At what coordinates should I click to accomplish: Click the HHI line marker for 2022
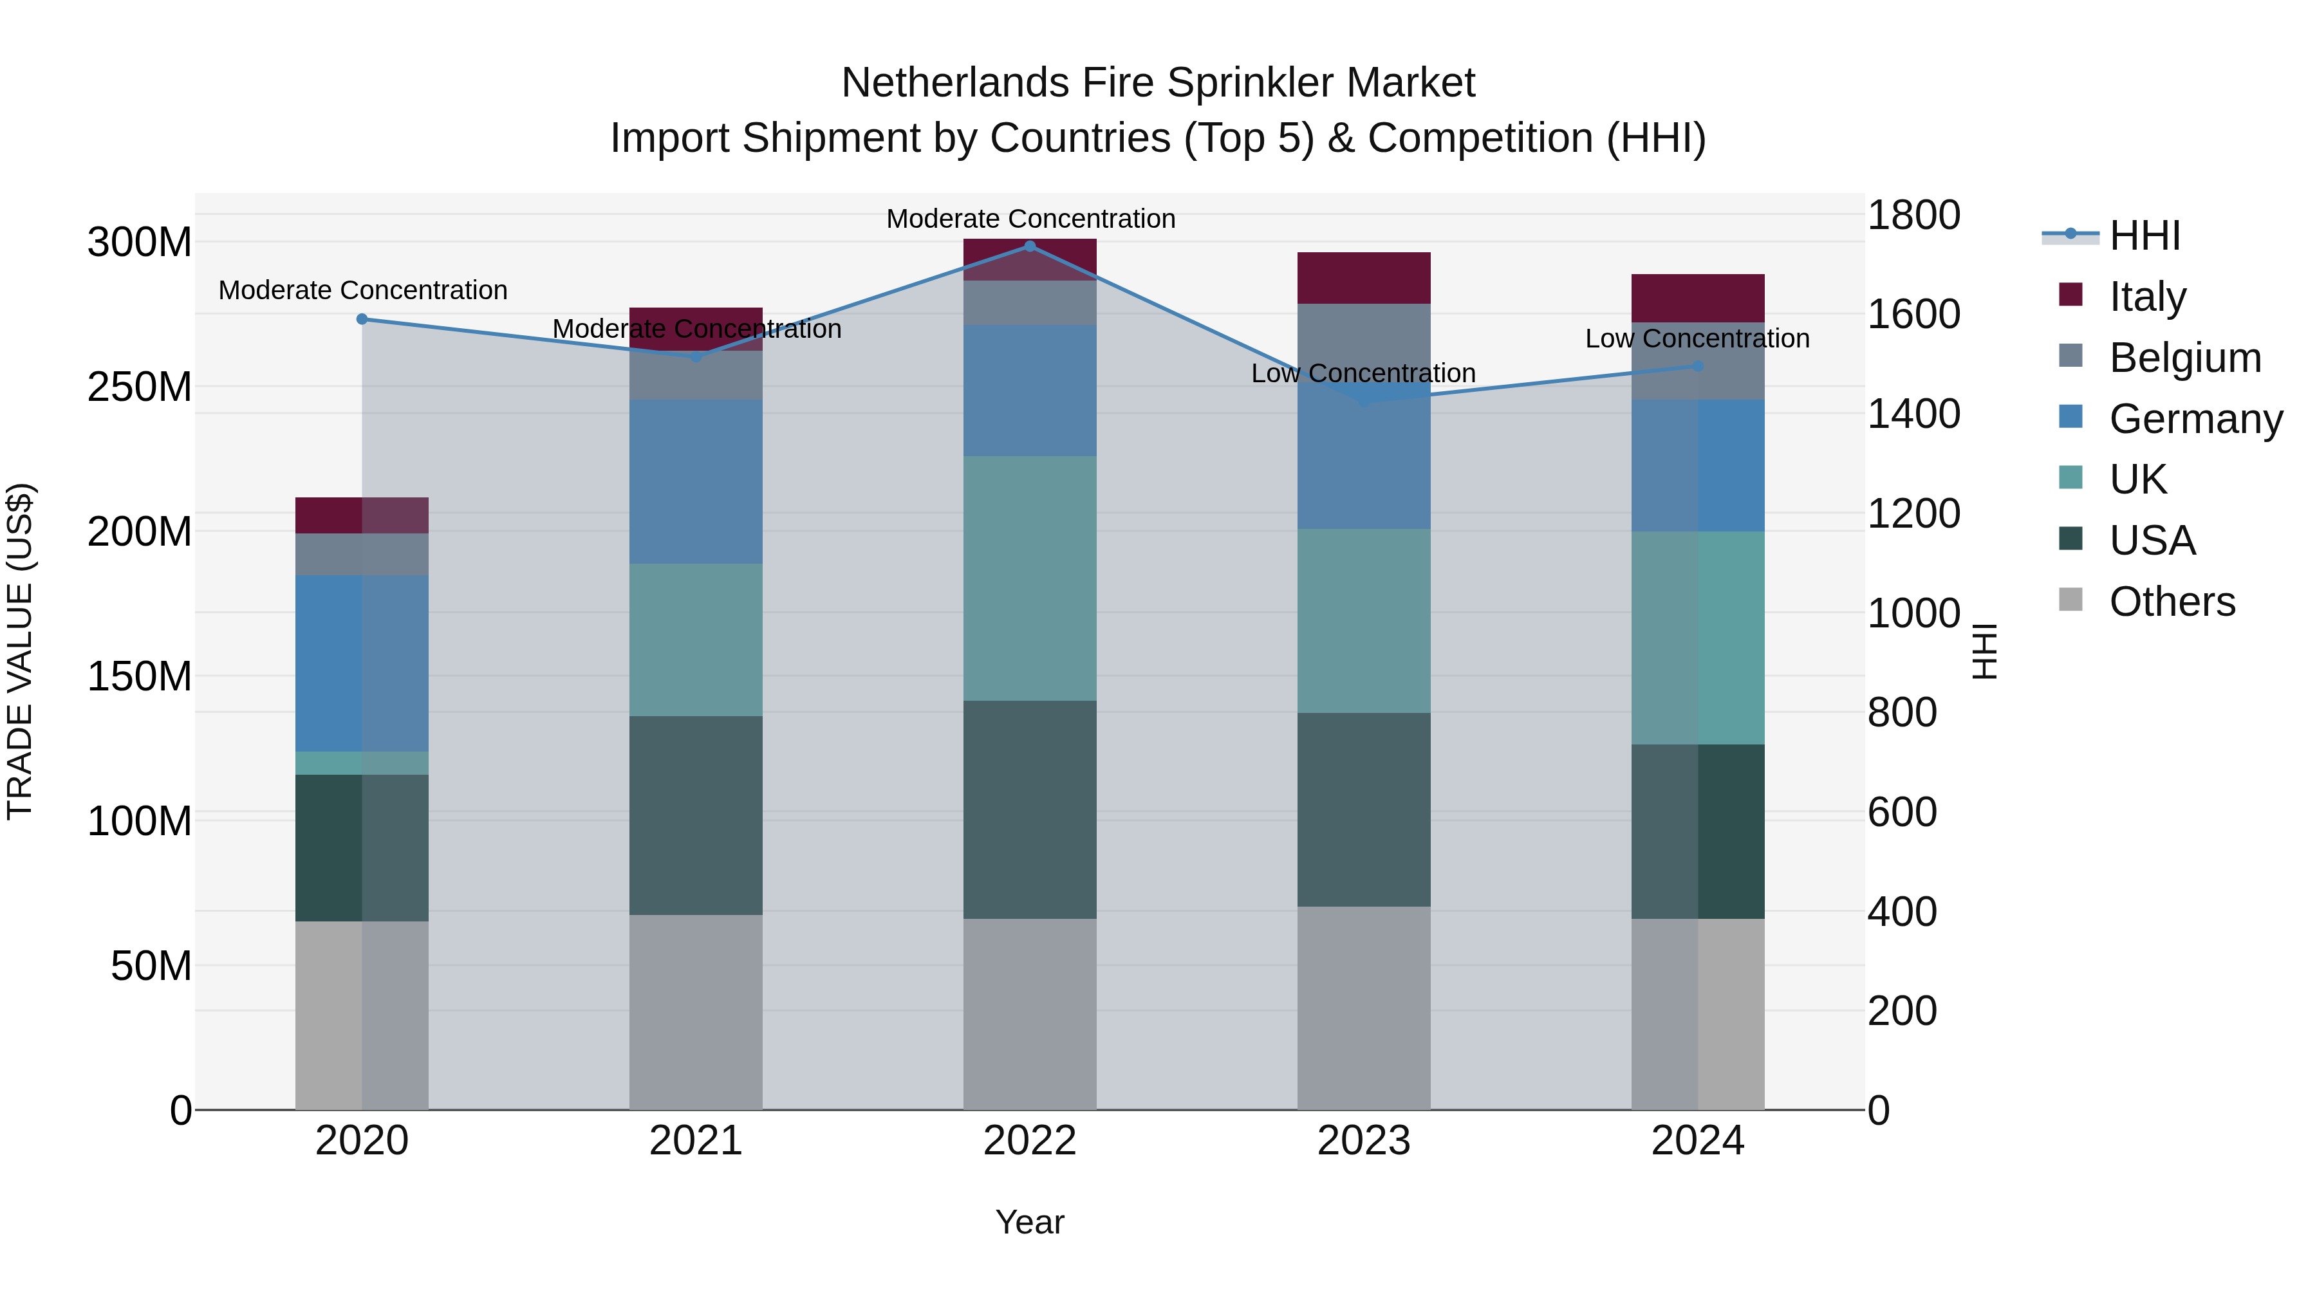[1030, 246]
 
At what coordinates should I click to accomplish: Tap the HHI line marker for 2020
[362, 319]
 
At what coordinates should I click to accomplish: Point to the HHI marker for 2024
[1698, 366]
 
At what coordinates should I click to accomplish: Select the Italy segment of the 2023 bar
[1364, 278]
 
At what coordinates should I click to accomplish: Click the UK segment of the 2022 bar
[1030, 578]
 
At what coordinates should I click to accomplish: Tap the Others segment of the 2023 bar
[1364, 1007]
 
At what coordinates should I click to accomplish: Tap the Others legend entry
[2172, 602]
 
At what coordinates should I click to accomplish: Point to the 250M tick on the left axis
[140, 387]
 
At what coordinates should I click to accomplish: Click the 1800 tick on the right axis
[1914, 216]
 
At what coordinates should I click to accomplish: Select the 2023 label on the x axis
[1364, 1141]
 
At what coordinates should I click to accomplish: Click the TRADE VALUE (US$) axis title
[20, 651]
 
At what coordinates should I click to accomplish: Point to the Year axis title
[1030, 1222]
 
